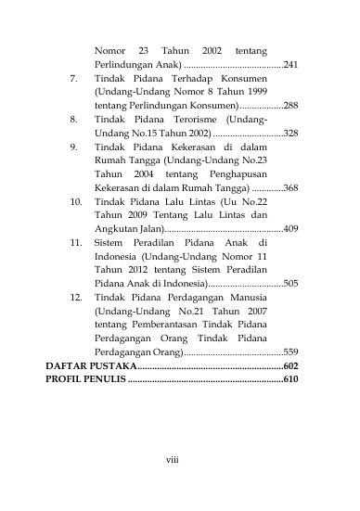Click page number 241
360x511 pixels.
pyautogui.click(x=289, y=66)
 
